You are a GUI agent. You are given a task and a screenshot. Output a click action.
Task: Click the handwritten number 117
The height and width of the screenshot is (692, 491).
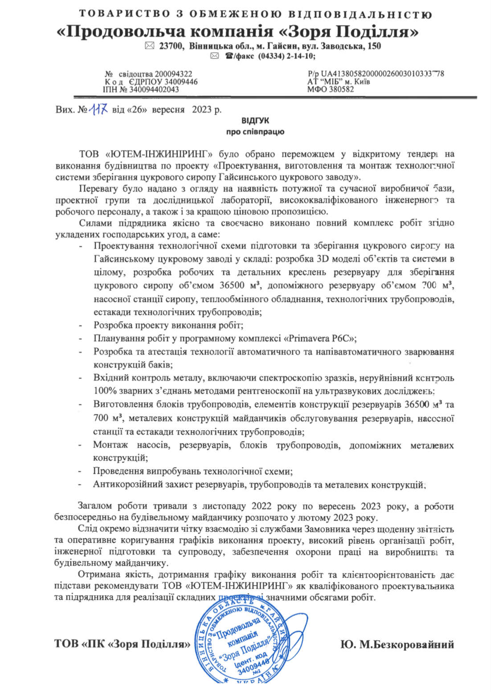pyautogui.click(x=98, y=109)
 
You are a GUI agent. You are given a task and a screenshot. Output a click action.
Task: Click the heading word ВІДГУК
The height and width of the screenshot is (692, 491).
pyautogui.click(x=255, y=121)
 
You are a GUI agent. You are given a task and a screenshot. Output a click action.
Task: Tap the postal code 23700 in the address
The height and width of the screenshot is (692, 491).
pyautogui.click(x=171, y=46)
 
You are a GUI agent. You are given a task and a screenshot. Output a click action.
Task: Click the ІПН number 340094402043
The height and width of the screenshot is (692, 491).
pyautogui.click(x=154, y=90)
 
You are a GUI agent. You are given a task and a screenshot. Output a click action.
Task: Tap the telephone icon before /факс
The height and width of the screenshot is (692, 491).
pyautogui.click(x=229, y=56)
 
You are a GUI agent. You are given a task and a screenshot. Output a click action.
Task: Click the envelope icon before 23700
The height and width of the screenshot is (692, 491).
pyautogui.click(x=150, y=46)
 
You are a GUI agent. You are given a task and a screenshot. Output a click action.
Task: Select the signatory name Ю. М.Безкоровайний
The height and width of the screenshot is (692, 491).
pyautogui.click(x=397, y=644)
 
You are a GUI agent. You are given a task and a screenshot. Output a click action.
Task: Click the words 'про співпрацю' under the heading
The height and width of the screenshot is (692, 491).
pyautogui.click(x=255, y=132)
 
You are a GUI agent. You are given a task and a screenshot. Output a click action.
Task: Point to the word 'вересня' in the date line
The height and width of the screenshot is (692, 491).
pyautogui.click(x=168, y=110)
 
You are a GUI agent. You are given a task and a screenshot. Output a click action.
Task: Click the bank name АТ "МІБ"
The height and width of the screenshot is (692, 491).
pyautogui.click(x=323, y=81)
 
